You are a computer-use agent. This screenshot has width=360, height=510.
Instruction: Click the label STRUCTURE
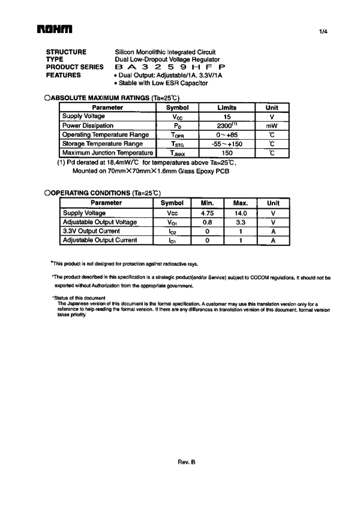coord(66,52)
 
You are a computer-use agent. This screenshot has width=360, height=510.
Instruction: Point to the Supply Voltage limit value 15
coord(227,116)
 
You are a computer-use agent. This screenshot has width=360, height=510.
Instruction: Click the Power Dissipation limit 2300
coord(227,125)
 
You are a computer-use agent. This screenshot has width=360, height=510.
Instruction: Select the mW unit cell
coord(272,126)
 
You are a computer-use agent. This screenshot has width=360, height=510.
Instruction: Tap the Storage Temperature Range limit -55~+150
coord(227,144)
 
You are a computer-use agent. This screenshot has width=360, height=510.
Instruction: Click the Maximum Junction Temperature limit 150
coord(227,153)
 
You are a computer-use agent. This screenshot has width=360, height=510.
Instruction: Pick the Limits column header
coord(227,107)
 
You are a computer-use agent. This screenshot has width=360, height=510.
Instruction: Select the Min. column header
coord(208,203)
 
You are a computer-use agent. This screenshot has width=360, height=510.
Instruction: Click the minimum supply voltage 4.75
coord(208,213)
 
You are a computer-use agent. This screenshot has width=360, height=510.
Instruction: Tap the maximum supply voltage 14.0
coord(241,213)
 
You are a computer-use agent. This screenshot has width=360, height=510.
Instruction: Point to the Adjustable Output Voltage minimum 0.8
coord(208,222)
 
